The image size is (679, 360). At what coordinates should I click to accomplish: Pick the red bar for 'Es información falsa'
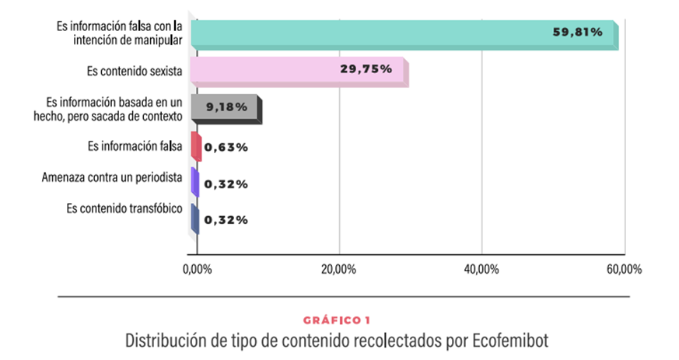pos(196,146)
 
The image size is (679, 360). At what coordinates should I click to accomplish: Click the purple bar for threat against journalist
pos(195,183)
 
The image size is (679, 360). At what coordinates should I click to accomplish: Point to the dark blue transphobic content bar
pos(195,219)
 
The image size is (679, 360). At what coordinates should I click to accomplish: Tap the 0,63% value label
pos(226,147)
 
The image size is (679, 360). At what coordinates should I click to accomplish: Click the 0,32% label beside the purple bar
pos(226,183)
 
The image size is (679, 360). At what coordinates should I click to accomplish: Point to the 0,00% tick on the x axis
pos(196,269)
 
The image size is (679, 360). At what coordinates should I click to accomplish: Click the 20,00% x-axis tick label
pos(338,269)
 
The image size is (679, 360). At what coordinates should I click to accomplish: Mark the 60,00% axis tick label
pos(624,269)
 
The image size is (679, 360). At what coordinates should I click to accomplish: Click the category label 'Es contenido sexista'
pos(135,72)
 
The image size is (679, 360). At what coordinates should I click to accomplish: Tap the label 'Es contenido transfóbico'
pos(124,208)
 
